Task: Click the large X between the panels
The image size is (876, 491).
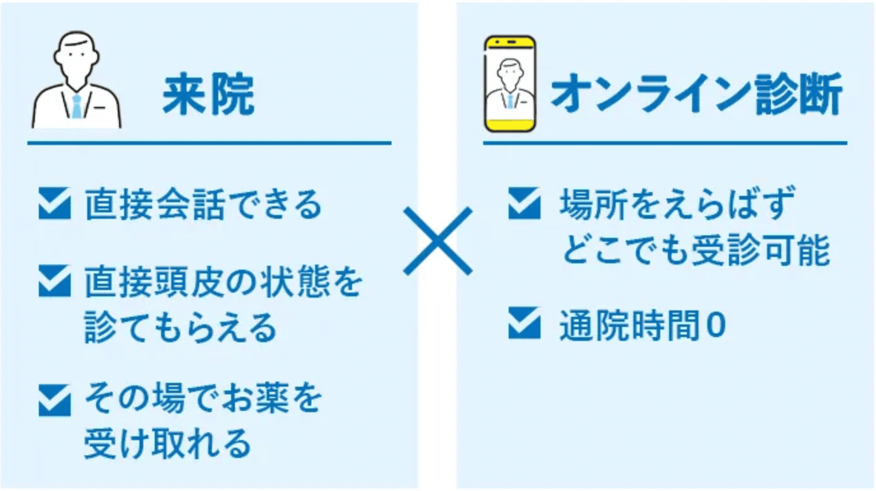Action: coord(438,240)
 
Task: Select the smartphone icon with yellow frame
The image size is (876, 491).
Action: coord(509,83)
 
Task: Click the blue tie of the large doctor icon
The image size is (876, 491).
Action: coord(76,106)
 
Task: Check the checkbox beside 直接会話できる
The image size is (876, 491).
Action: coord(54,205)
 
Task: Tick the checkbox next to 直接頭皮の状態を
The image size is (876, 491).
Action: coord(54,281)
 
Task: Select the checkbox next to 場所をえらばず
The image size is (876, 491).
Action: coord(524,205)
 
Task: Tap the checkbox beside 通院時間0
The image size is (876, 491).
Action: coord(524,324)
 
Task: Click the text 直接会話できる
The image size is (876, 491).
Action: coord(203,205)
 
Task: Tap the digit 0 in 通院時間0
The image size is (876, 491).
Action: coord(716,326)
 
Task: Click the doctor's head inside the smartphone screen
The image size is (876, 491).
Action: coord(509,71)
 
